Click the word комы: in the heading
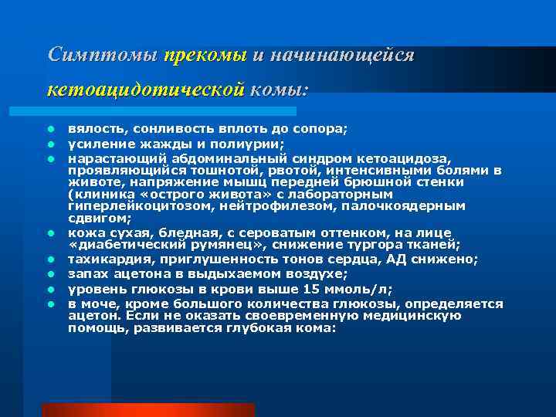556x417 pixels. point(279,90)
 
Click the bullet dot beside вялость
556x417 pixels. point(49,128)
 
